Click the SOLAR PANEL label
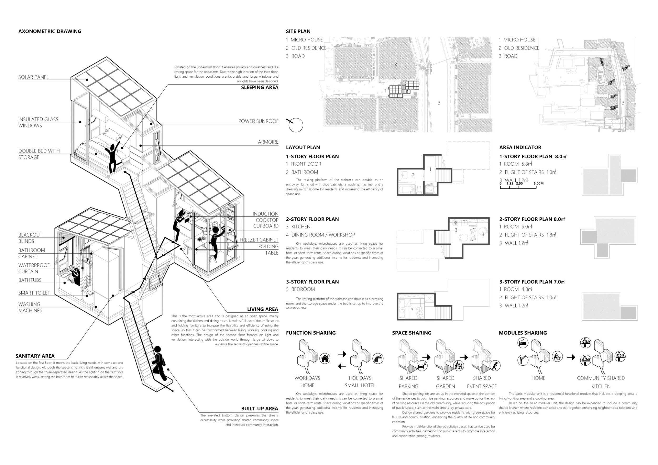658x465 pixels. [x=33, y=77]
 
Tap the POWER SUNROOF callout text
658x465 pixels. [x=258, y=121]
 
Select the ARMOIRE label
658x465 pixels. [x=268, y=142]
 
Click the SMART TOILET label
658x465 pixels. [x=34, y=293]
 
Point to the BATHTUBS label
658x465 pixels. [x=30, y=280]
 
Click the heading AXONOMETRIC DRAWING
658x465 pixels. [x=50, y=31]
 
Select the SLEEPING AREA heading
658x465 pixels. [x=260, y=87]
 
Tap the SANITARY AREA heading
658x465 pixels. [x=35, y=356]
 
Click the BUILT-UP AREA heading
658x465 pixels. [x=260, y=409]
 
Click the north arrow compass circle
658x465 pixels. [x=296, y=125]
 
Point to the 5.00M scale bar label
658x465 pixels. [x=539, y=183]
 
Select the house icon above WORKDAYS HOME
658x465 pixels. [x=325, y=358]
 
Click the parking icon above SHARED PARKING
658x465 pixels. [x=422, y=366]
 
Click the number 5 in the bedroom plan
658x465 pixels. [x=412, y=309]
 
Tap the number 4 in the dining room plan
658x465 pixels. [x=483, y=235]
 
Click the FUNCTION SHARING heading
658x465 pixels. [x=311, y=333]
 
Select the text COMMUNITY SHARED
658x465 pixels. [x=601, y=378]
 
